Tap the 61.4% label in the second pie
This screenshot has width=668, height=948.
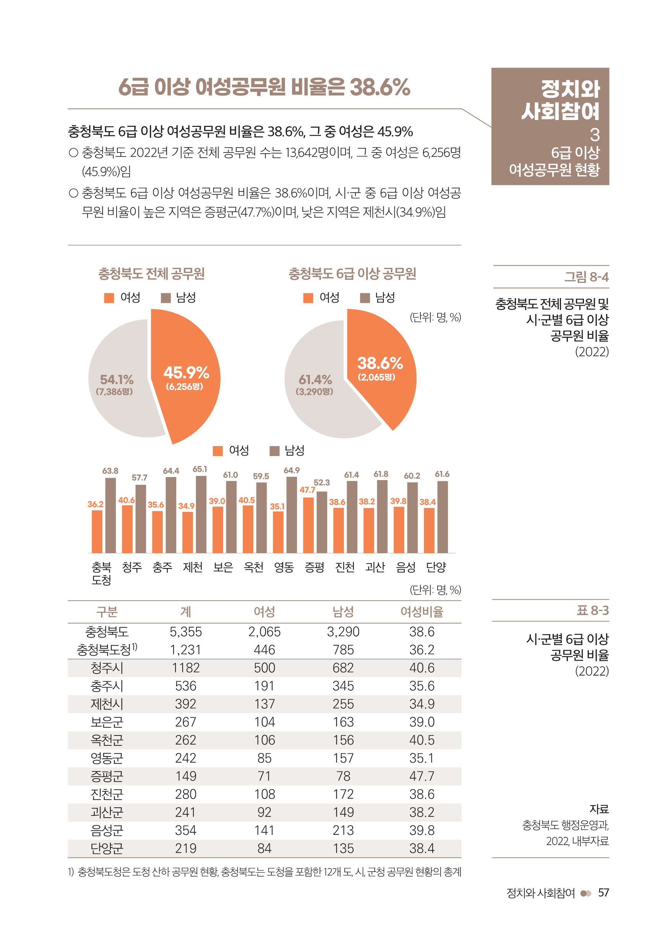pyautogui.click(x=315, y=380)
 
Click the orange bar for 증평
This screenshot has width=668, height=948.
pyautogui.click(x=308, y=525)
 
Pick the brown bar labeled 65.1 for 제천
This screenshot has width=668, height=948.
pyautogui.click(x=201, y=514)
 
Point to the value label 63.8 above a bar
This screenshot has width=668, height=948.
pyautogui.click(x=110, y=471)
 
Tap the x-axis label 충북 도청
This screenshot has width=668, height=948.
pyautogui.click(x=101, y=573)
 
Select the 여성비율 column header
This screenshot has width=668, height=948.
pyautogui.click(x=422, y=612)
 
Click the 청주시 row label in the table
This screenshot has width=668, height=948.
pyautogui.click(x=107, y=668)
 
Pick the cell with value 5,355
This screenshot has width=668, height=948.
pyautogui.click(x=185, y=632)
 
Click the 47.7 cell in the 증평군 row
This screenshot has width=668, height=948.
pyautogui.click(x=422, y=776)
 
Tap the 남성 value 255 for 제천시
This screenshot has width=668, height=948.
pyautogui.click(x=343, y=704)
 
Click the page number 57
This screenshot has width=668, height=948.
pyautogui.click(x=603, y=893)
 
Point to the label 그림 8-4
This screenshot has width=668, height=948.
pyautogui.click(x=586, y=277)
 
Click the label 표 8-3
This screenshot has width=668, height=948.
pyautogui.click(x=592, y=610)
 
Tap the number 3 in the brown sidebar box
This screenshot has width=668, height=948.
pyautogui.click(x=594, y=135)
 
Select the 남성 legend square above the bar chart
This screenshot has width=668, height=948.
pyautogui.click(x=274, y=450)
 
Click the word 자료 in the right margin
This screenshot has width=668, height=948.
pyautogui.click(x=599, y=809)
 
